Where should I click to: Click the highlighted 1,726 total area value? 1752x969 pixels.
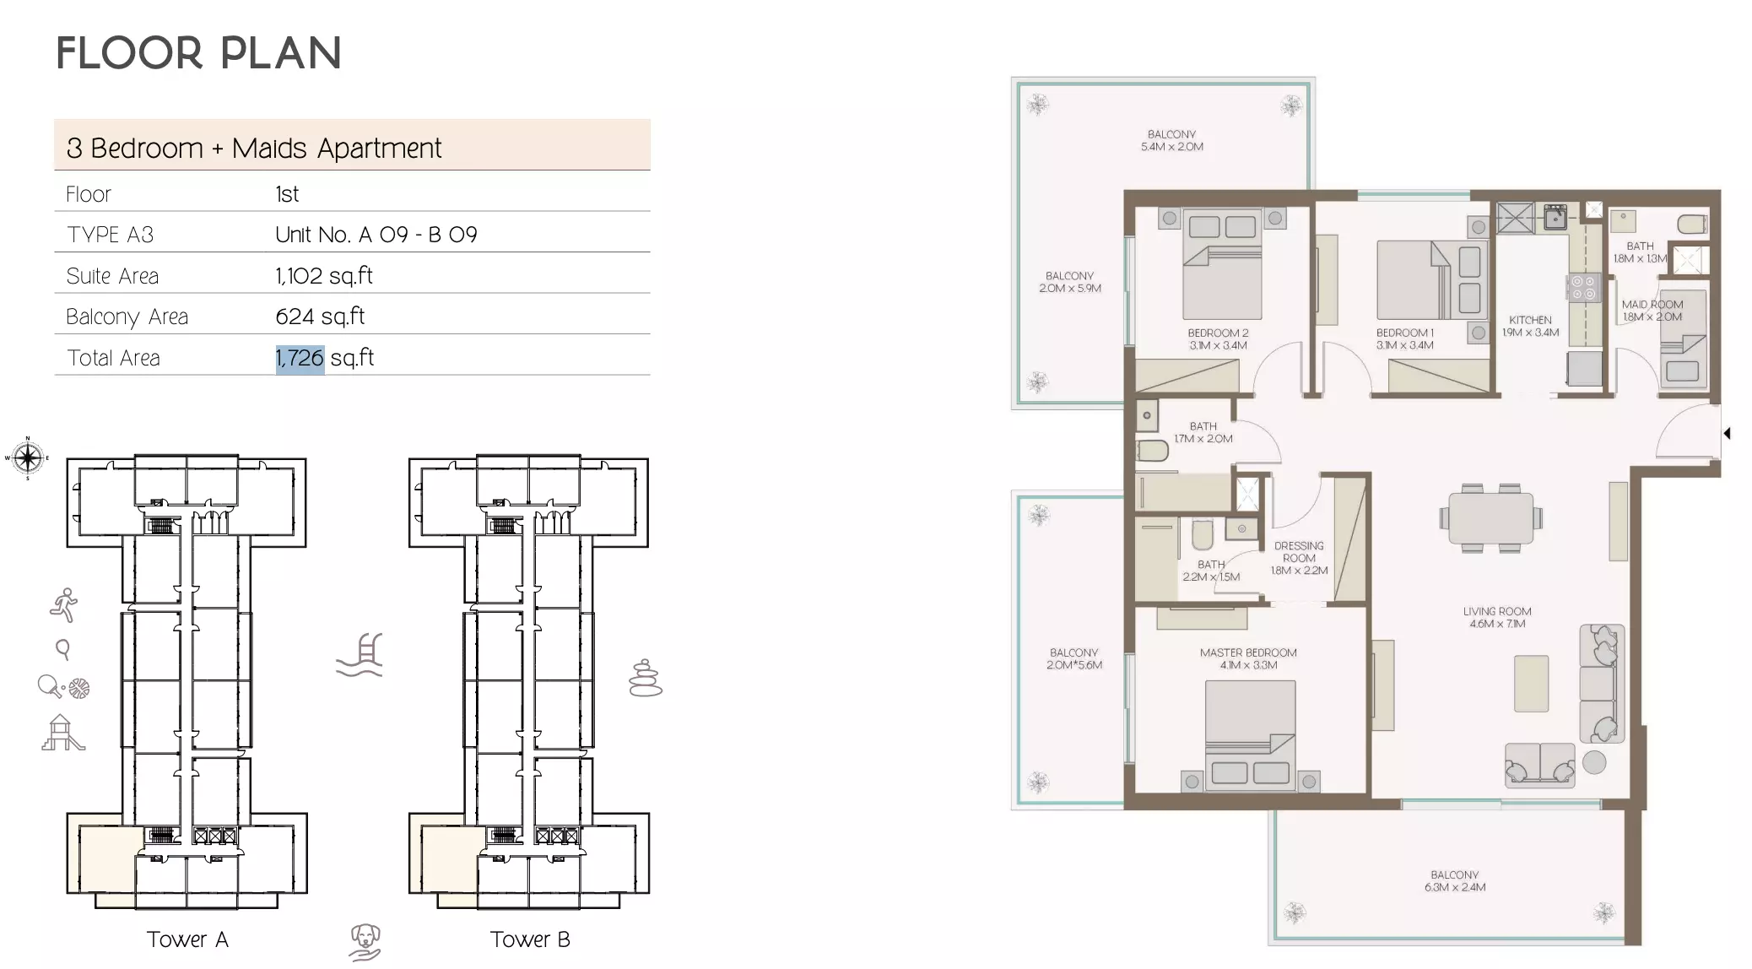[300, 358]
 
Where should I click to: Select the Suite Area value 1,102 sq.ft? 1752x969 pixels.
[324, 276]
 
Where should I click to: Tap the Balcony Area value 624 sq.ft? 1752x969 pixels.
[320, 317]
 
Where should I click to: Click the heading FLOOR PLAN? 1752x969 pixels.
[198, 53]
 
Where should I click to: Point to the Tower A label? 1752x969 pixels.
[187, 939]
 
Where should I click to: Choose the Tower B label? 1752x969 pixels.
[530, 939]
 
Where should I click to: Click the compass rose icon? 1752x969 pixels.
[28, 458]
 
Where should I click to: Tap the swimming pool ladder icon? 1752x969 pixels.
[360, 655]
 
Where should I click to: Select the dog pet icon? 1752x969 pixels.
[365, 941]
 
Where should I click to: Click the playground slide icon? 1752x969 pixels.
[63, 733]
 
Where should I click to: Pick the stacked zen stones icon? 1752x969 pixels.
[646, 678]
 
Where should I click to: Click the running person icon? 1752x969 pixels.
[64, 604]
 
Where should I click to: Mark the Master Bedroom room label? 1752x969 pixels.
[1248, 658]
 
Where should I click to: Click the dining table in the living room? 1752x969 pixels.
[1491, 518]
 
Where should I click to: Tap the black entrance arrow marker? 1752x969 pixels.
[1727, 433]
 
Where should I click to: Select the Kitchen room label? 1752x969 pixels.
[1530, 326]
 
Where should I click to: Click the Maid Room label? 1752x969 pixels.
[1652, 311]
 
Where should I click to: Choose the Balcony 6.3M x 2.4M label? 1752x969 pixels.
[1454, 881]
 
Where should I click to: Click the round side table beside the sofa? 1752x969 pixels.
[1594, 762]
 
